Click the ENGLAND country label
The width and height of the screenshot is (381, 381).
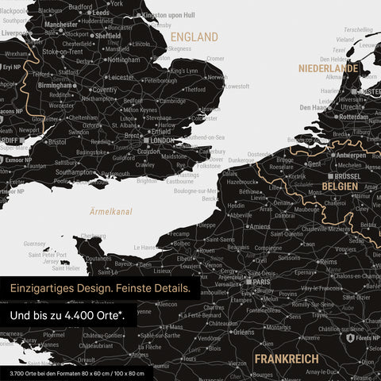[194, 37]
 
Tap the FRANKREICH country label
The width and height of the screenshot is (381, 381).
[287, 360]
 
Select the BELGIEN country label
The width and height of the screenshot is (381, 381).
[339, 185]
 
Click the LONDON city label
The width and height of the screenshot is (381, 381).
[161, 140]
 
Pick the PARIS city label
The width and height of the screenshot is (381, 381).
[261, 280]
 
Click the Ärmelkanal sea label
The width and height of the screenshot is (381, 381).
[110, 212]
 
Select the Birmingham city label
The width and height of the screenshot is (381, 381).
[57, 86]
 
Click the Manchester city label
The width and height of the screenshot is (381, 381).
[61, 25]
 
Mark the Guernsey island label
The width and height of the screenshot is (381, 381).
[35, 244]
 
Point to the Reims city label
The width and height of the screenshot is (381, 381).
[328, 261]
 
